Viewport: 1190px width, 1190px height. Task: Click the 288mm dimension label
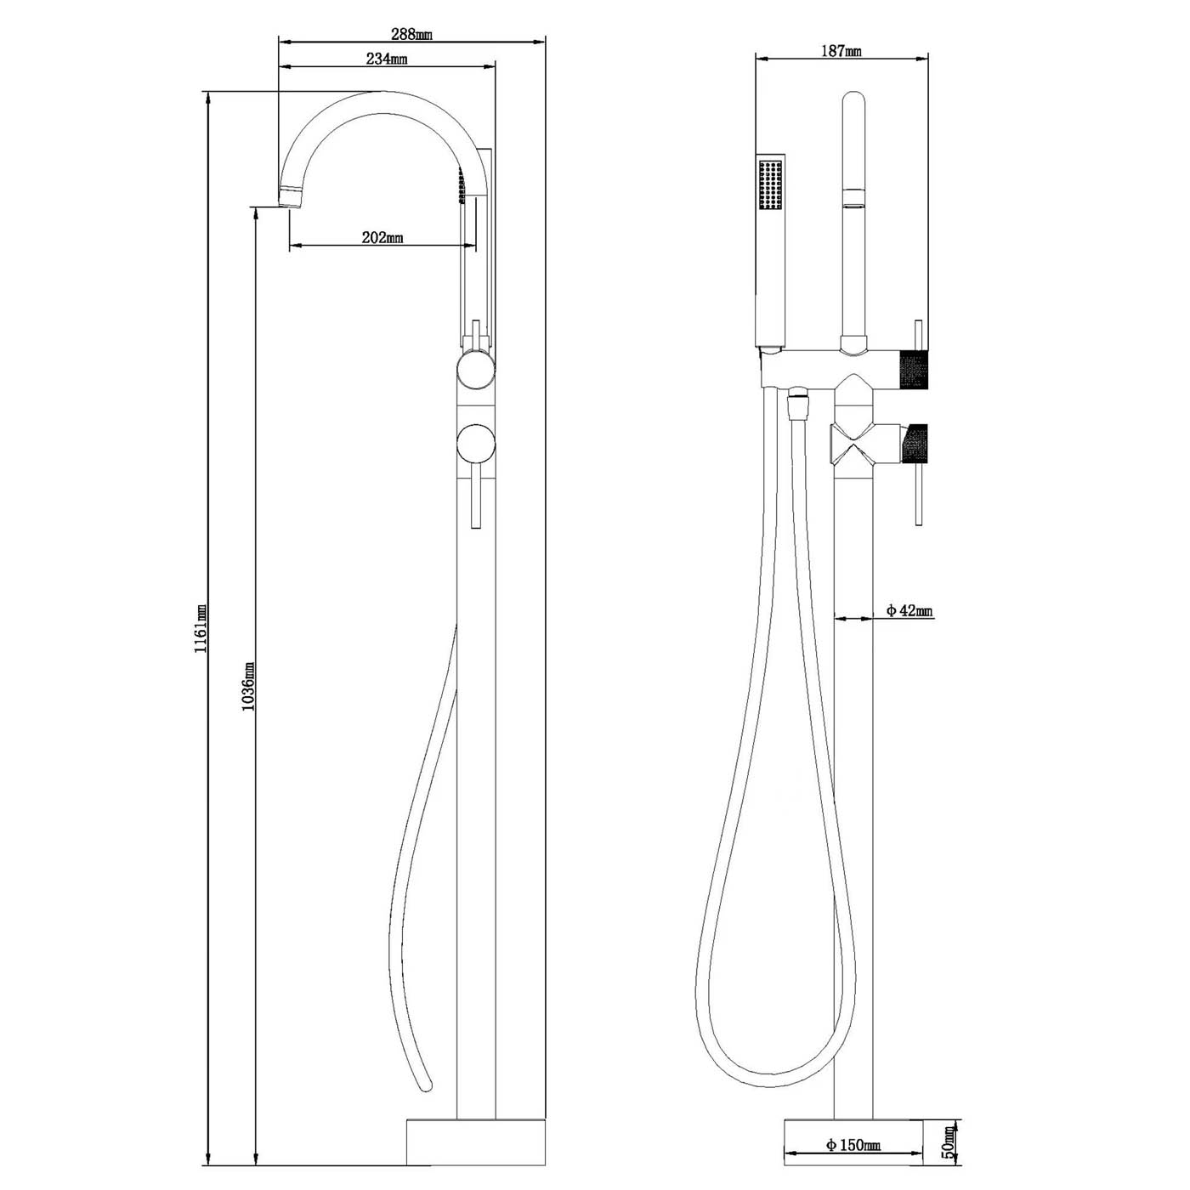pos(411,35)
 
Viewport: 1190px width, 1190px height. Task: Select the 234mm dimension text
pos(387,59)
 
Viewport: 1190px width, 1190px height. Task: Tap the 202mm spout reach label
pos(382,238)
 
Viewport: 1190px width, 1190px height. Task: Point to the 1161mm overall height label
pos(201,628)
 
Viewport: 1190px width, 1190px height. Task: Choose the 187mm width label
pos(841,51)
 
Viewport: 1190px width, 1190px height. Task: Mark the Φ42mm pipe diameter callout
pos(909,610)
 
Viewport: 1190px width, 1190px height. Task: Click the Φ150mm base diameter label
pos(853,1146)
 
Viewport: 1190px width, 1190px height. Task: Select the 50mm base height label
pos(949,1144)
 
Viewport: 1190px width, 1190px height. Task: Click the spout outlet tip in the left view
pos(291,198)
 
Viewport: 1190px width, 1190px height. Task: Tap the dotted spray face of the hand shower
pos(771,184)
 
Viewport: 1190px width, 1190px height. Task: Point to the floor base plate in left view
pos(475,1142)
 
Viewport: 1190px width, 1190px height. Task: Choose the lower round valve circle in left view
pos(474,444)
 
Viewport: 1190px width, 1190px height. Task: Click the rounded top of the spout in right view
pos(853,100)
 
